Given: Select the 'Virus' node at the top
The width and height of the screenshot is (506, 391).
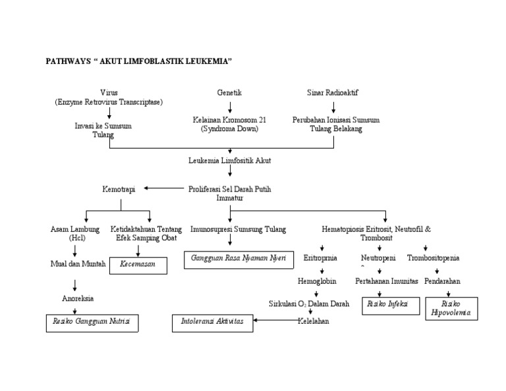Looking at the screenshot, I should coord(109,93).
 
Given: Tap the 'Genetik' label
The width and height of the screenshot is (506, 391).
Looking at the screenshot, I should coord(229,93).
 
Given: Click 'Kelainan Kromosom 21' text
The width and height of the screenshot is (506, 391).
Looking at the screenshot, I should coord(229,120).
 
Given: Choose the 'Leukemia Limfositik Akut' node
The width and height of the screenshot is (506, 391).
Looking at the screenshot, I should coord(229,160).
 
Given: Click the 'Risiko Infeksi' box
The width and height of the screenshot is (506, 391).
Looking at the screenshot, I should coord(390,305).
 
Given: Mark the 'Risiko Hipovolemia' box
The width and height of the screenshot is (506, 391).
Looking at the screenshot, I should coord(451,308).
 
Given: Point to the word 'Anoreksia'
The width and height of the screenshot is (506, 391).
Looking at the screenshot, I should coord(78,298).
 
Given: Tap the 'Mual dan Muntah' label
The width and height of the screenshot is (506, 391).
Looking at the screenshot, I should coord(78,263).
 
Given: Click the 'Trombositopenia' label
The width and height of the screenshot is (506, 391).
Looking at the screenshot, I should coord(433,258).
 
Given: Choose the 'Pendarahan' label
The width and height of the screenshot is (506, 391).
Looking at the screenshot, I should coord(442,281).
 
